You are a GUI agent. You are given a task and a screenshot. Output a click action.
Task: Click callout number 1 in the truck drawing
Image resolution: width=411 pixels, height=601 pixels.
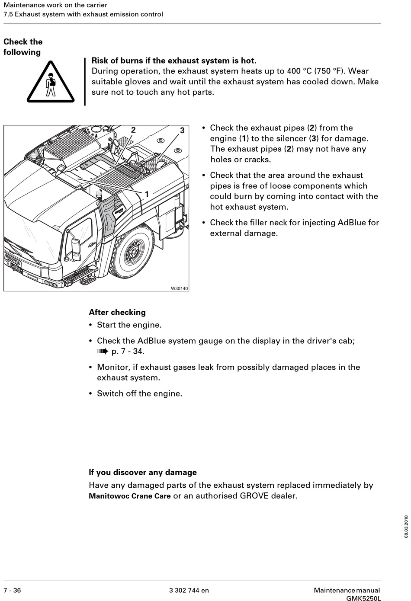coord(147,195)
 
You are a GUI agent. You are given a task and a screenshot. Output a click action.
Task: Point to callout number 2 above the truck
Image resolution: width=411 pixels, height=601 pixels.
coord(133,130)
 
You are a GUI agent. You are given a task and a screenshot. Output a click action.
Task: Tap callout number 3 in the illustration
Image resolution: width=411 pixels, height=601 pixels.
coord(182,131)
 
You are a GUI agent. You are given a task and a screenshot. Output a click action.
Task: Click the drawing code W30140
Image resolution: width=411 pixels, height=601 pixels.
coord(180,288)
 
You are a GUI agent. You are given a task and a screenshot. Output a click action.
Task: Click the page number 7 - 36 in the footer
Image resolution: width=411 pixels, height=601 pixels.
coord(12,590)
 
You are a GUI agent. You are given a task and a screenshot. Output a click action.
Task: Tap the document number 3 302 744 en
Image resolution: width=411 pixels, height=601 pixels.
coord(189,590)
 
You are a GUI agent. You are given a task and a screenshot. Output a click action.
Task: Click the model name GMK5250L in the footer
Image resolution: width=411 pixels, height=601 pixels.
coord(363,598)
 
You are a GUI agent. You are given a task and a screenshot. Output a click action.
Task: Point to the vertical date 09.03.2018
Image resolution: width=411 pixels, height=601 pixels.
coord(406,526)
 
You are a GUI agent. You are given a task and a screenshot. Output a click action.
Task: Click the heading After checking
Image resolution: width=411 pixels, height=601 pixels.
coord(117,312)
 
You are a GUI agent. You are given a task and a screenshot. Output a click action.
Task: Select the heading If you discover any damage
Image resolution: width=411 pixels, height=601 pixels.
coord(143,473)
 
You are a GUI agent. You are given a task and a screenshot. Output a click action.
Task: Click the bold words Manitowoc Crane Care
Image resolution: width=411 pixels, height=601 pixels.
coord(129,496)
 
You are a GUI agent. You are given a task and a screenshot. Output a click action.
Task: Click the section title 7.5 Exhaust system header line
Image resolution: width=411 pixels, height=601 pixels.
coord(83,14)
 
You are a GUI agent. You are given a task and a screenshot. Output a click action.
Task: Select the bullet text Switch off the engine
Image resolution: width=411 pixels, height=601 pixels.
coord(139,393)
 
